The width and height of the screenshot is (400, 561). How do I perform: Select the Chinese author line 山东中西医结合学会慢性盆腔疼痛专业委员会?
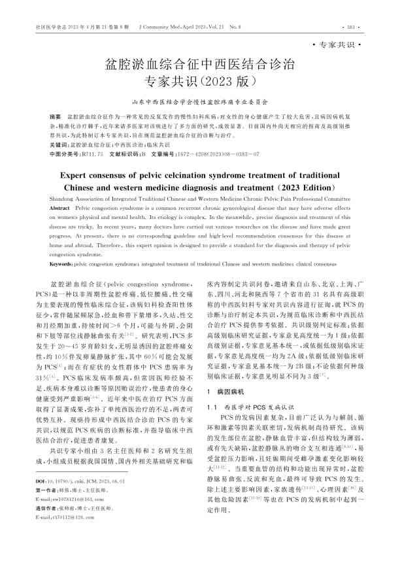(200, 102)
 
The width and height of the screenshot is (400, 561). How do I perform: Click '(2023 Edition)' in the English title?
(295, 187)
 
